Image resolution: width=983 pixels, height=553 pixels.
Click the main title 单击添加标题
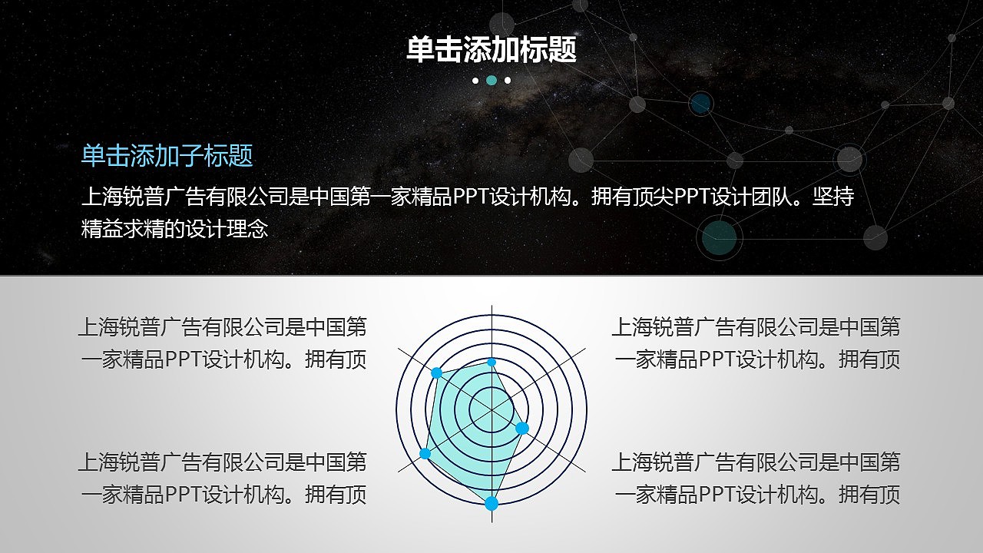pos(491,51)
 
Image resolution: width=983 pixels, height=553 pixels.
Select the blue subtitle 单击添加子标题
pos(167,156)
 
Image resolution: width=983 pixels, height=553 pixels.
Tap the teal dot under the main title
pos(491,80)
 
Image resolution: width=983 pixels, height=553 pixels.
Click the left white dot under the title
pos(475,80)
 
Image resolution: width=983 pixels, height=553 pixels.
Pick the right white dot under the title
pos(508,80)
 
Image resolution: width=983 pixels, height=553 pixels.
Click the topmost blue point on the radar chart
pos(491,362)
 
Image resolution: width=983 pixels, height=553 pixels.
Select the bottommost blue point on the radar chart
pos(491,504)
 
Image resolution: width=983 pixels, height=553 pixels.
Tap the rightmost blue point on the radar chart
pos(522,428)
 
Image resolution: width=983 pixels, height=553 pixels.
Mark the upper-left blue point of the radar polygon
pos(436,373)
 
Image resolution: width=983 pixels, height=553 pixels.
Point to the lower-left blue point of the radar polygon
pos(425,453)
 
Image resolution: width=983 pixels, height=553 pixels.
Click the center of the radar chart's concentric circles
pos(491,410)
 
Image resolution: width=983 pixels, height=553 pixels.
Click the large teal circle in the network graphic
pos(720,237)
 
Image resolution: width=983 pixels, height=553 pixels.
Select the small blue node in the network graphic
pos(700,104)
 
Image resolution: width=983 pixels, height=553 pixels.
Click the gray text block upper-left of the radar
pos(223,343)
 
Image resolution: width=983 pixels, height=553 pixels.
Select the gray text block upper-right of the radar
pos(756,343)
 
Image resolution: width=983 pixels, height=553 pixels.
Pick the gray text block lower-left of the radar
pos(223,478)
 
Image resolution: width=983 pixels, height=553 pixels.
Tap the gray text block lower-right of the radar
pos(756,478)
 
